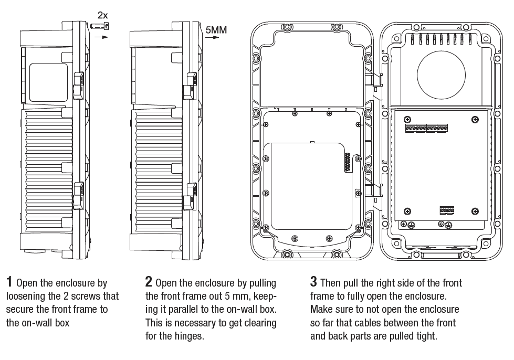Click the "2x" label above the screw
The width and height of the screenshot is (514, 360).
pos(102,16)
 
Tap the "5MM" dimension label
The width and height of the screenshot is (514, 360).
pos(216,30)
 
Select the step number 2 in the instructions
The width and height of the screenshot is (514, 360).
pos(149,282)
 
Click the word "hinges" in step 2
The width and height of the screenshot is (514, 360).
pos(189,336)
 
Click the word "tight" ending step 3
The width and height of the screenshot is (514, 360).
pos(425,336)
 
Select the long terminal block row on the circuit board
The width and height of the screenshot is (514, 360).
pos(426,128)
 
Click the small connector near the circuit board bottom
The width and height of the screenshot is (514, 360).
pos(447,210)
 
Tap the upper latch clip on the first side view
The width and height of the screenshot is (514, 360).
pos(78,84)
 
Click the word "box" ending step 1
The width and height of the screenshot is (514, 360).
pos(61,323)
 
